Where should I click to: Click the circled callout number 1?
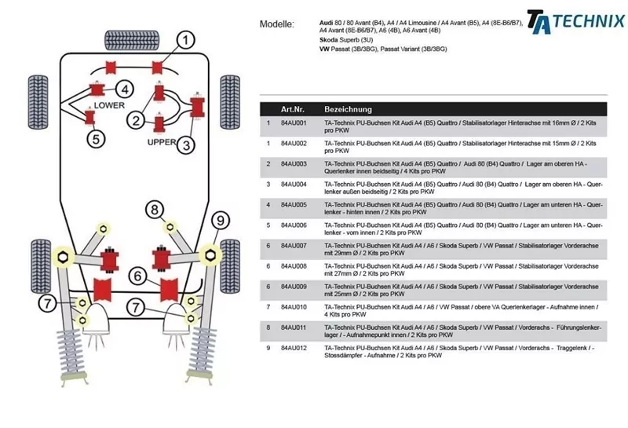(x=185, y=39)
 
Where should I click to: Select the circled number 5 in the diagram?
(x=95, y=140)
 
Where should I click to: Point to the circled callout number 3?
(x=186, y=144)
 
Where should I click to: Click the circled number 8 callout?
(x=155, y=209)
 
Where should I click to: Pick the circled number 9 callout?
(x=221, y=220)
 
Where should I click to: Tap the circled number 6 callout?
(x=137, y=276)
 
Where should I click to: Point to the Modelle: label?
(x=276, y=24)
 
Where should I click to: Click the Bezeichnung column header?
(x=348, y=109)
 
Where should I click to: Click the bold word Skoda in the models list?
(x=329, y=40)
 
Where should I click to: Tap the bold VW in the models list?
(x=324, y=49)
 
